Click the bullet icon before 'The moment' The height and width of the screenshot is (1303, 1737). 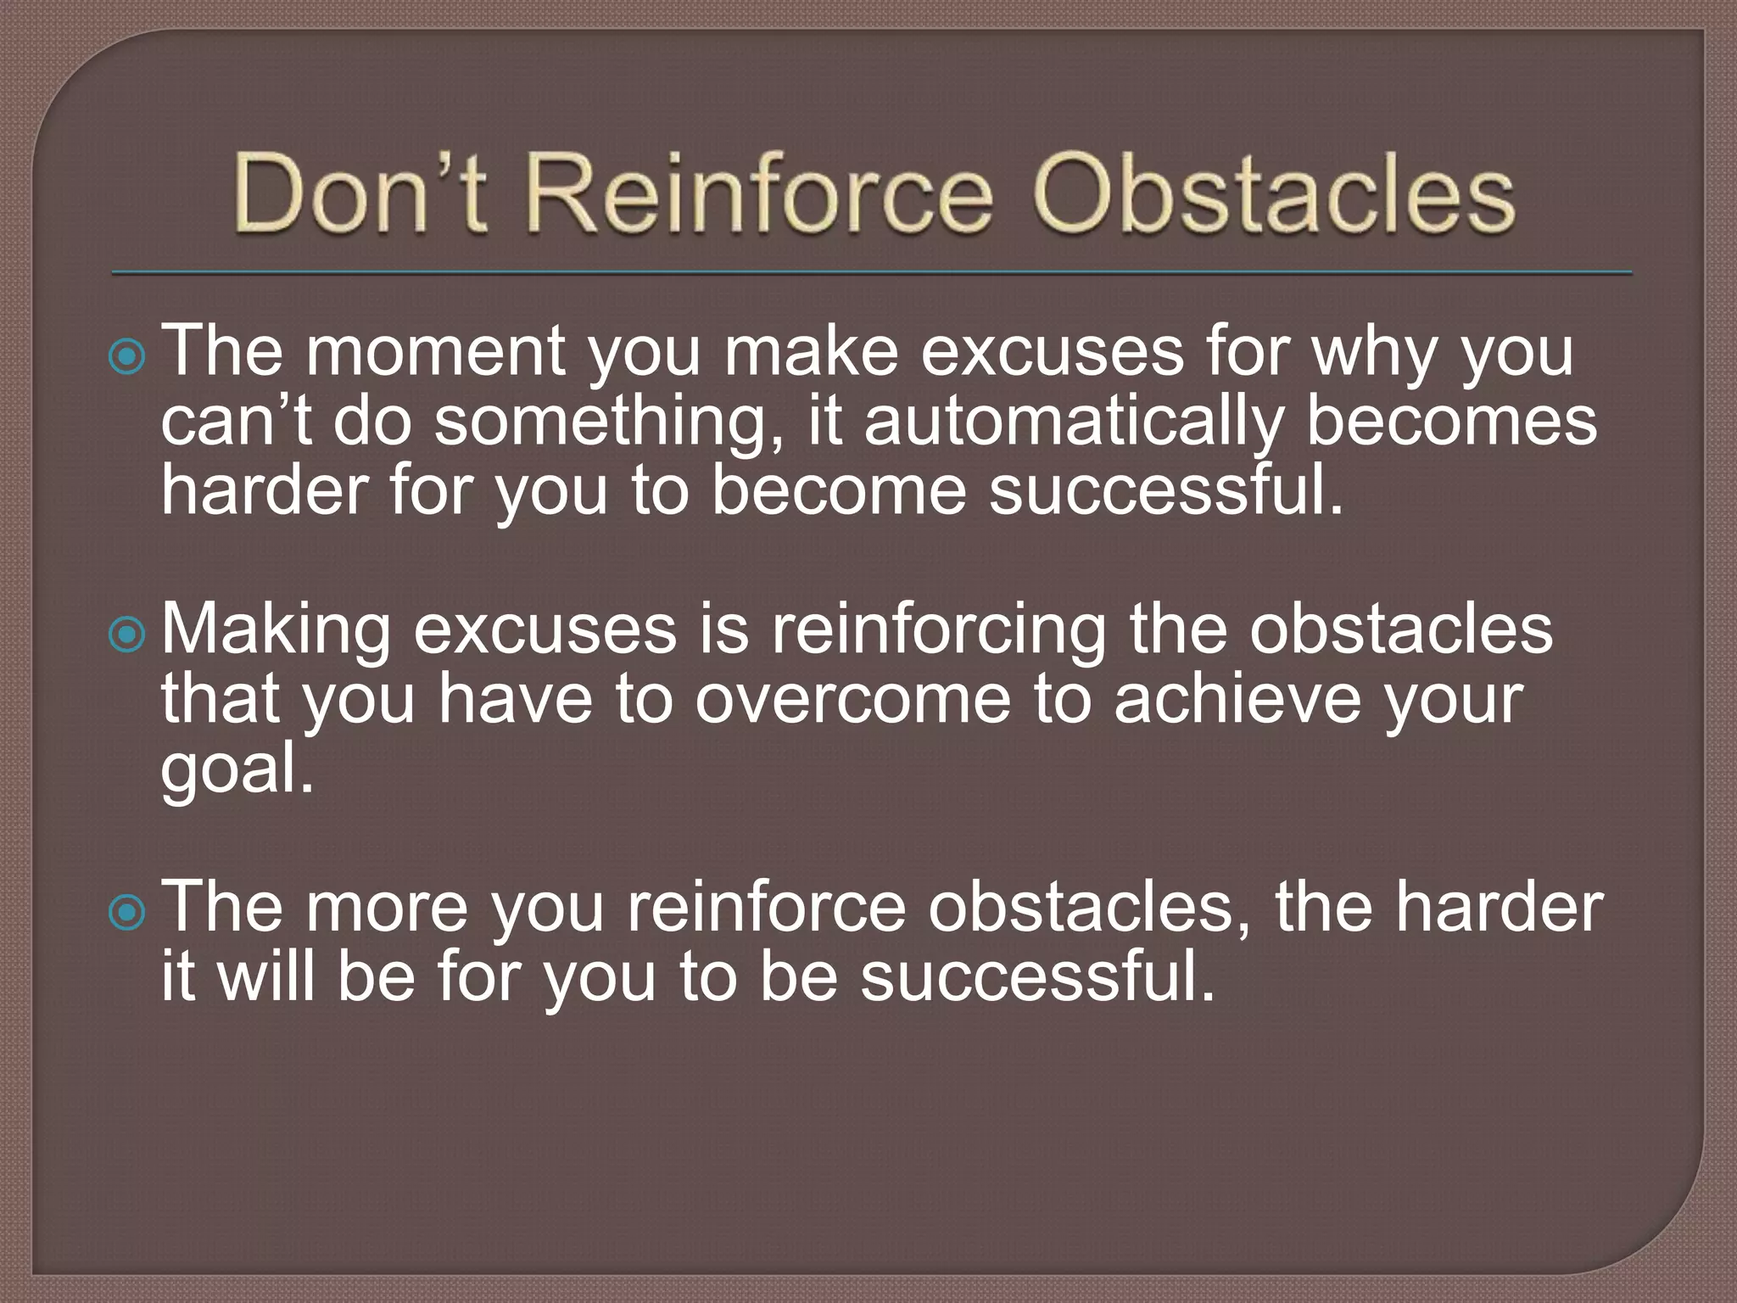coord(127,357)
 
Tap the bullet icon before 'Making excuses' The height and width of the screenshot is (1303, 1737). coord(127,635)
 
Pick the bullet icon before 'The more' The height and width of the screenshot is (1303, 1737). coord(127,913)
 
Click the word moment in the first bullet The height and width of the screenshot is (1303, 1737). coord(435,352)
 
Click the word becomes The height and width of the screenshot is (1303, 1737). coord(1451,422)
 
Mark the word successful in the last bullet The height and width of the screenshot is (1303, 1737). coord(1038,977)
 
